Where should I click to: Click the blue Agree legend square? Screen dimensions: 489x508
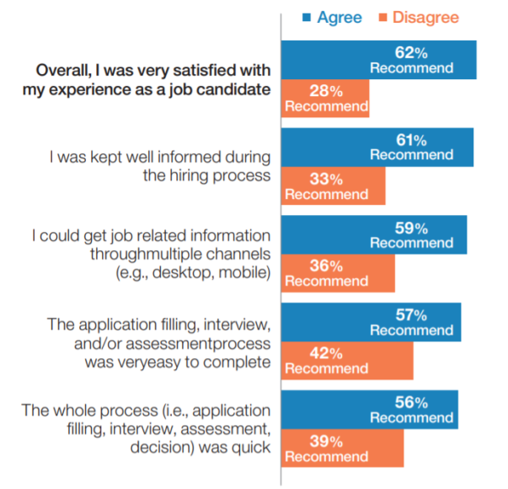pos(307,17)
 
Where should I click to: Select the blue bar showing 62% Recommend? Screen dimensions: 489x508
pos(378,60)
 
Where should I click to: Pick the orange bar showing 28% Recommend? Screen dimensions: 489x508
pos(325,99)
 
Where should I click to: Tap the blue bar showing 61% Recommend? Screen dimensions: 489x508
pos(377,148)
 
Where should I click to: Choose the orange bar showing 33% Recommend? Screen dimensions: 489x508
pos(333,186)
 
